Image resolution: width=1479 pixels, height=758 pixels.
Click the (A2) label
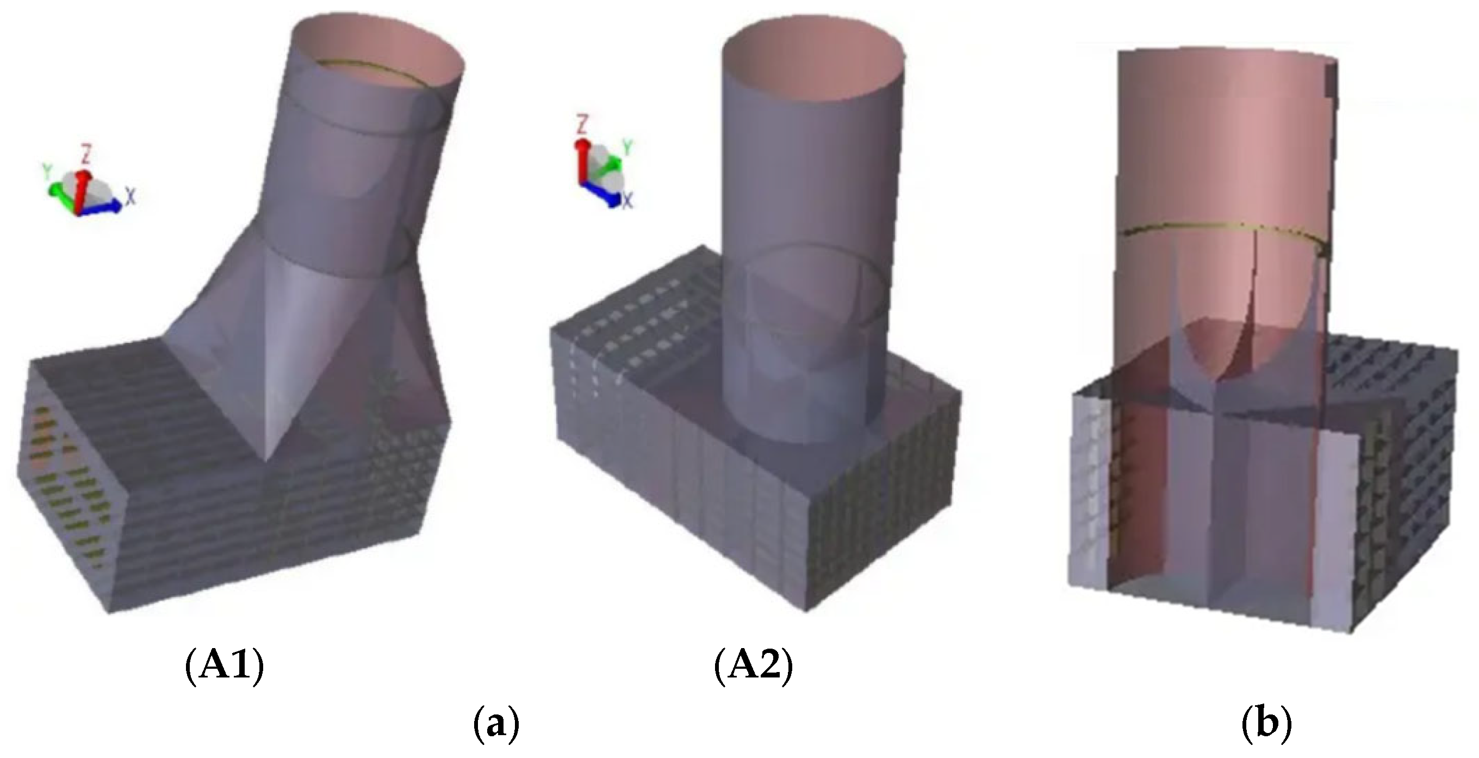pyautogui.click(x=754, y=667)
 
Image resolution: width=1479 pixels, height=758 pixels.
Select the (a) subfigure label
pyautogui.click(x=495, y=726)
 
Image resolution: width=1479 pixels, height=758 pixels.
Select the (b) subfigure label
pyautogui.click(x=1267, y=726)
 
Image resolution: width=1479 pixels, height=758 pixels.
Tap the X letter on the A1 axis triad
pyautogui.click(x=131, y=197)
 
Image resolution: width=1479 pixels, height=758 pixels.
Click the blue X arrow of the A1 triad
pyautogui.click(x=101, y=208)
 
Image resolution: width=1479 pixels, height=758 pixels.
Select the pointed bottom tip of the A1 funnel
pyautogui.click(x=265, y=457)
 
